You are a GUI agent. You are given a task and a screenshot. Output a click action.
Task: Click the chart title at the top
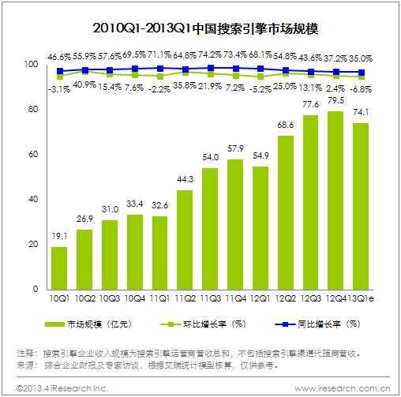coord(200,31)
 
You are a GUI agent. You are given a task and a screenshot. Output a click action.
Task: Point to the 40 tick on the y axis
coord(32,200)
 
